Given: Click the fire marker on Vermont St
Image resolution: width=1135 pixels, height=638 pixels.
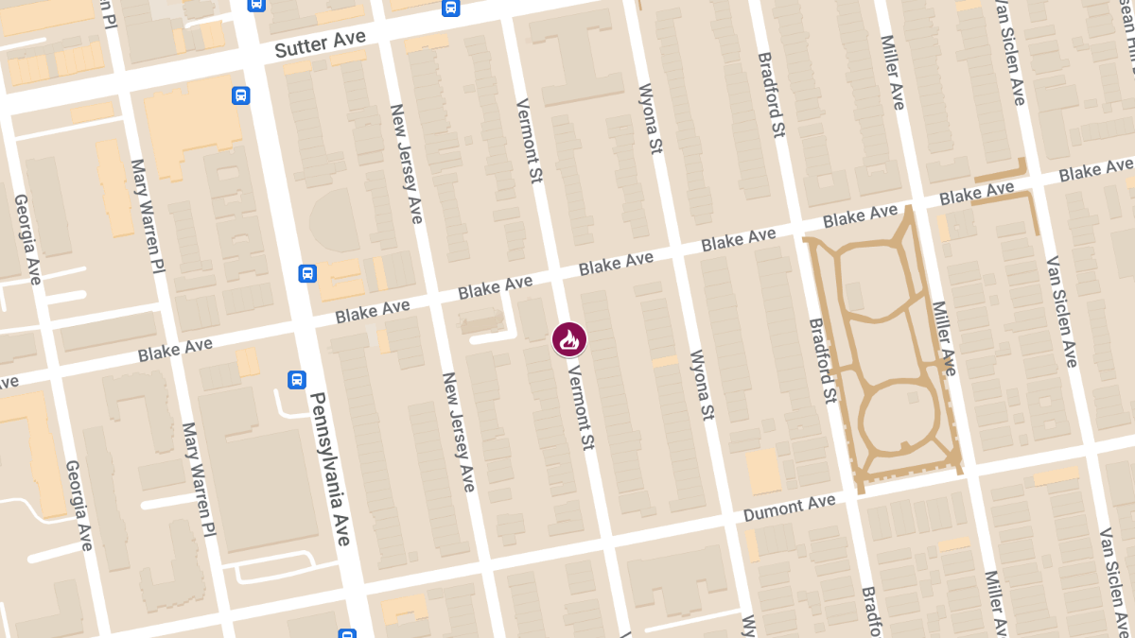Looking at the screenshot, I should coord(569,339).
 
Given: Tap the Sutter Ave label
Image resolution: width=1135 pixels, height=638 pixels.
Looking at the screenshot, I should coord(320,43).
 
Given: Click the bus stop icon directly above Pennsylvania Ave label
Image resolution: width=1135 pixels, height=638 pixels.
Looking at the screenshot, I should coord(297,380).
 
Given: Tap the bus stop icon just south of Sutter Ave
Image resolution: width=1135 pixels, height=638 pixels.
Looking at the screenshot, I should coord(241,95).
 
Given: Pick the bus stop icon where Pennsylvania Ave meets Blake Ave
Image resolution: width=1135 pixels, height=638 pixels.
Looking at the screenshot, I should coord(307,273).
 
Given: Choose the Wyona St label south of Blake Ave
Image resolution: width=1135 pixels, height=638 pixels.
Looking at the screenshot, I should coord(701,385).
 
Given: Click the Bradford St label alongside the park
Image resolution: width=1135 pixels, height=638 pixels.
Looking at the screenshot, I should coord(823,361).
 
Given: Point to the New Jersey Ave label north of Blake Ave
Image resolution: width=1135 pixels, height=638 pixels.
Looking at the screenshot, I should coord(406,164).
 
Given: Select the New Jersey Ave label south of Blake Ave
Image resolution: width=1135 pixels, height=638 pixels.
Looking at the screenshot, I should coord(458,431).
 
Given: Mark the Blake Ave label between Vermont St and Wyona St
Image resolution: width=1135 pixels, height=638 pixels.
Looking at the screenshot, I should coord(616,264).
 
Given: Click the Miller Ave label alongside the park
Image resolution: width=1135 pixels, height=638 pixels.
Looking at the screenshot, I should coord(944,337).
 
